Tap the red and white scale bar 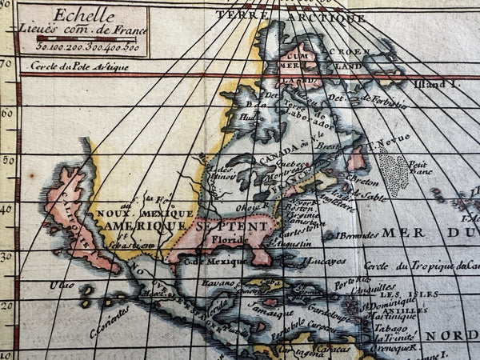pos(86,38)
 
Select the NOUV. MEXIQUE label pos(144,214)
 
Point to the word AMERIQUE pos(132,228)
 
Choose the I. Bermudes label pos(355,235)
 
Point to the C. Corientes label pos(110,322)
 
